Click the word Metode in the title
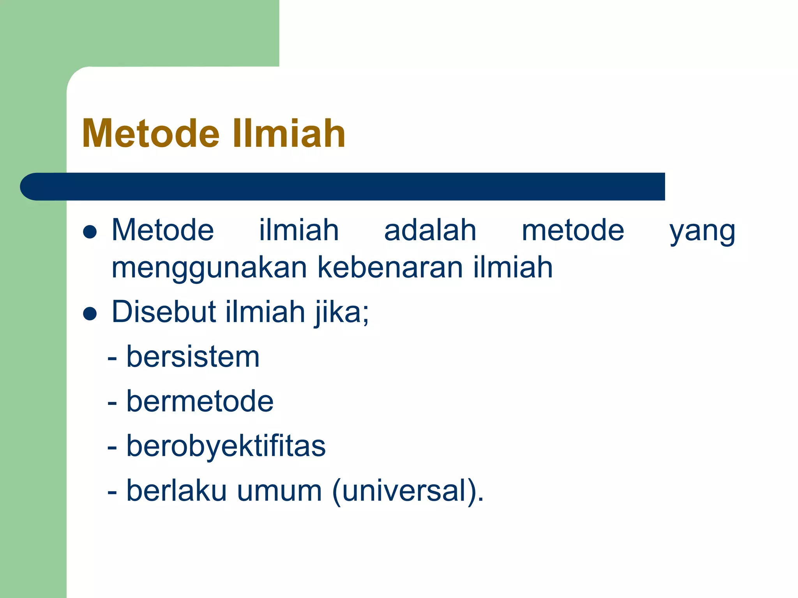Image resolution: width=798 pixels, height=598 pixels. click(x=151, y=134)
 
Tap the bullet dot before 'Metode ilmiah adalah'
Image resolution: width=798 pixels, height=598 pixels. click(x=90, y=232)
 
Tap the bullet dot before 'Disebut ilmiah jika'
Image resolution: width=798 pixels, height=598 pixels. click(x=90, y=314)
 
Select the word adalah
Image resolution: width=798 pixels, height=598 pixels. click(x=430, y=230)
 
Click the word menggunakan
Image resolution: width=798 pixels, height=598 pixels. click(x=209, y=269)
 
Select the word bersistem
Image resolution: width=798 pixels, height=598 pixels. click(x=193, y=357)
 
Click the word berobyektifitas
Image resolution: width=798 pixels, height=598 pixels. click(x=226, y=446)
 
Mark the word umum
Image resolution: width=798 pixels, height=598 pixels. click(x=279, y=491)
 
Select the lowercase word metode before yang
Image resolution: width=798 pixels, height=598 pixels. click(x=573, y=230)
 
